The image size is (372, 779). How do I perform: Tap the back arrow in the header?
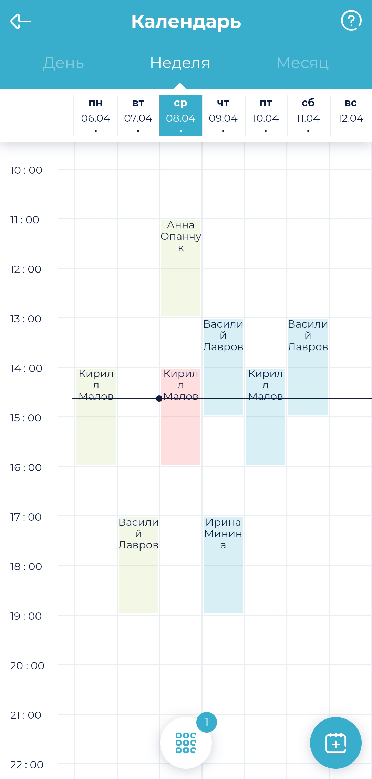point(21,21)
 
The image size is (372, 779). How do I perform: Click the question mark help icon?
point(351,21)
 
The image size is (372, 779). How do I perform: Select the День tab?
point(64,63)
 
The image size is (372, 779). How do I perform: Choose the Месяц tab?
point(302,63)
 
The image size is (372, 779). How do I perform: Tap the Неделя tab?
point(180,63)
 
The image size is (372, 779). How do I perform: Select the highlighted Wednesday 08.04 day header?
point(180,115)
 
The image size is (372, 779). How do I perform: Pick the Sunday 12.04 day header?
point(350,115)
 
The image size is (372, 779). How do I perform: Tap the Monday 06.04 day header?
point(95,115)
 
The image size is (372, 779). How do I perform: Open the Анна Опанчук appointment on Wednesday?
point(181,268)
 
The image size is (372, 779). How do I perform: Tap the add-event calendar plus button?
point(335,743)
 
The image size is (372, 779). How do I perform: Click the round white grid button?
point(186,743)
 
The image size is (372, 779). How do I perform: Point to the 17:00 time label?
point(26,517)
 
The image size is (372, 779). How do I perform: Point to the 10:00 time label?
point(26,170)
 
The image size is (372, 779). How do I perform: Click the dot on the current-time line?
point(159,398)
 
